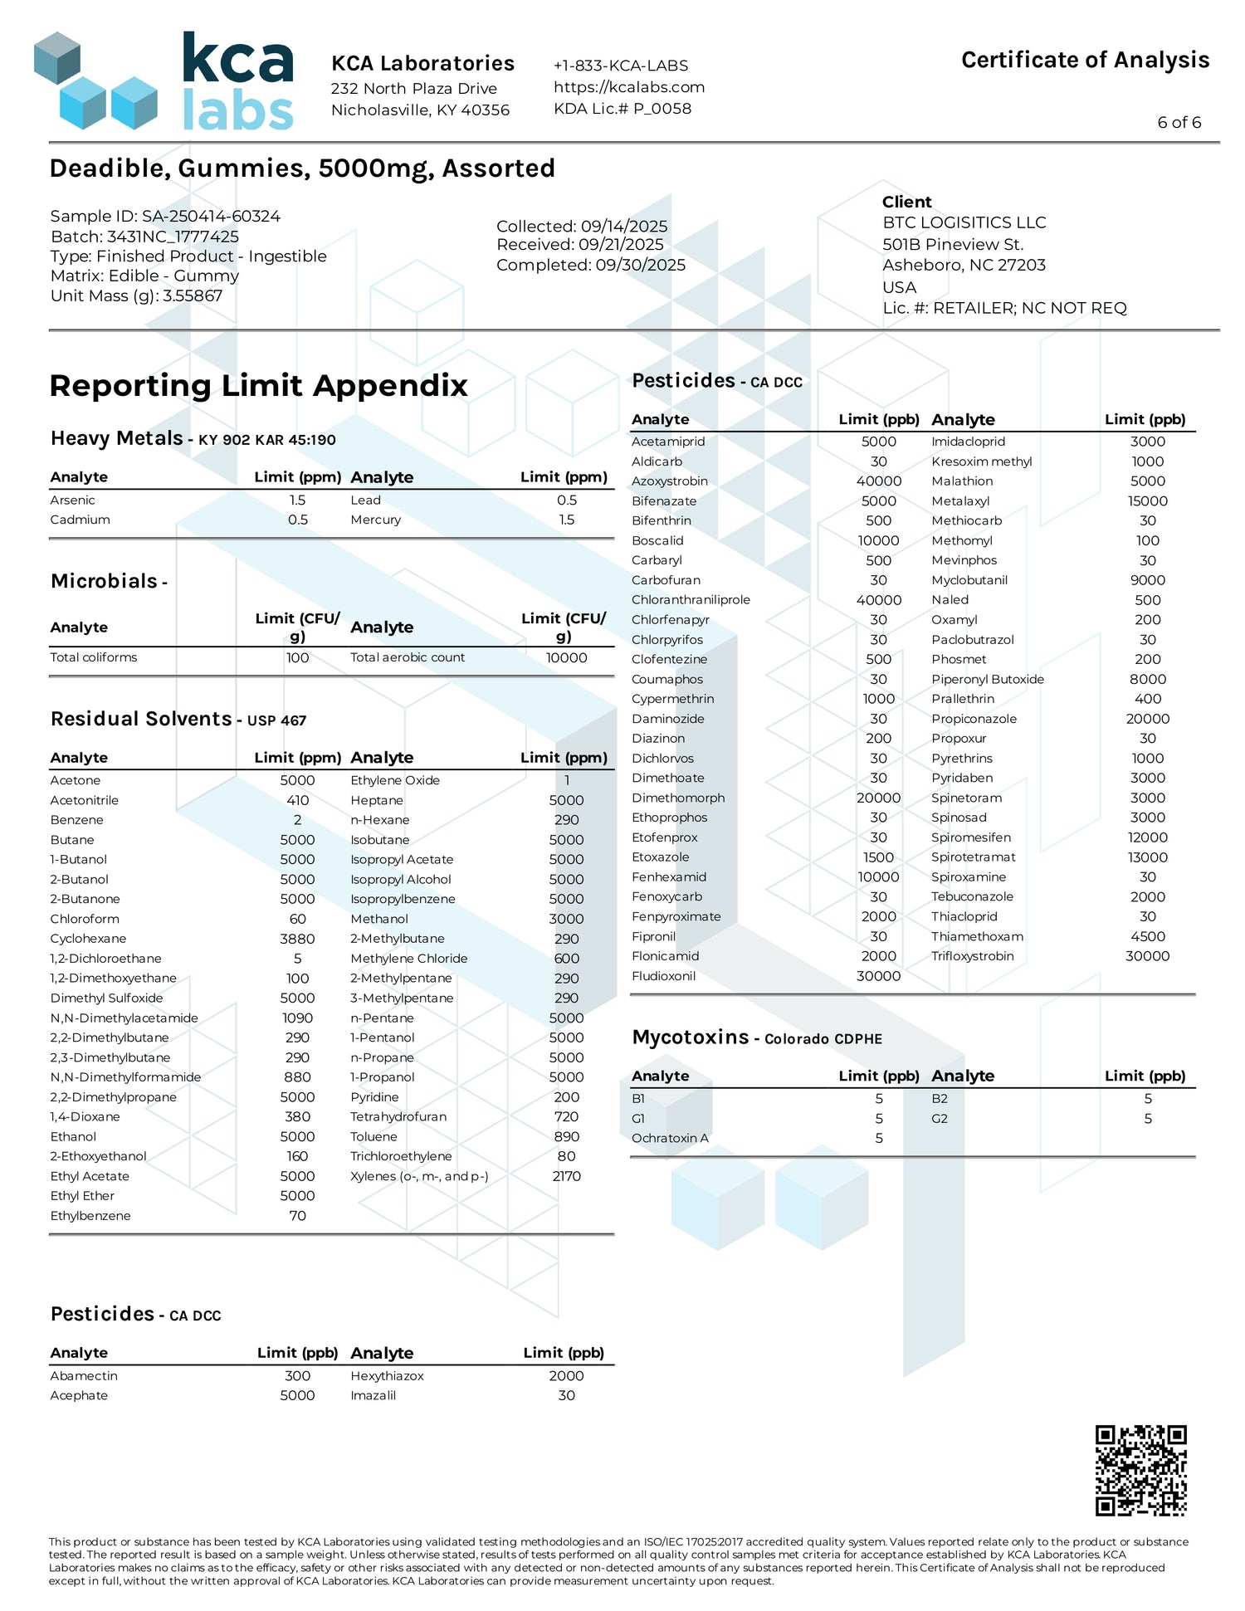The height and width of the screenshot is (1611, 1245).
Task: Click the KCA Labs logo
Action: (x=164, y=81)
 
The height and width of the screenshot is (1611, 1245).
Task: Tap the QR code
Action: (x=1140, y=1470)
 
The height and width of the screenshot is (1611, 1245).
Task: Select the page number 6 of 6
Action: (x=1179, y=122)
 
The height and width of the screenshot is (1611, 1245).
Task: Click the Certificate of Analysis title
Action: (x=1085, y=60)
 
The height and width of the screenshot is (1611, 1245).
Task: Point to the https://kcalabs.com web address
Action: (x=629, y=87)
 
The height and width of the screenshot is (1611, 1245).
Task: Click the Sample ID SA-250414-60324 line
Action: (x=165, y=216)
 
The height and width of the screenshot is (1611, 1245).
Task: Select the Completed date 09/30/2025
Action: (x=591, y=265)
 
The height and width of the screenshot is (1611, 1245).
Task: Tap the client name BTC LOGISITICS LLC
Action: (x=964, y=222)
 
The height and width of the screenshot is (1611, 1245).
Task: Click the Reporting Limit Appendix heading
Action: (x=258, y=385)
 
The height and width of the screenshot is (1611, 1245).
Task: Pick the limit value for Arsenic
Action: (x=297, y=500)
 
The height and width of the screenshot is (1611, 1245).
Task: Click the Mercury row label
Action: (x=375, y=520)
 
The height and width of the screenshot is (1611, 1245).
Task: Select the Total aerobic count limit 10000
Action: (x=566, y=657)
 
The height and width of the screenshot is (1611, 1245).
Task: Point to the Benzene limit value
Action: (x=297, y=820)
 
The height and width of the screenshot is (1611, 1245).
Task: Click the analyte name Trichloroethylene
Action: (x=401, y=1156)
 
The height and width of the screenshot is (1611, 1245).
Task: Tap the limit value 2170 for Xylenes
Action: (x=566, y=1176)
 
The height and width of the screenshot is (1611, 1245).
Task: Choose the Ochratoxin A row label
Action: (x=670, y=1138)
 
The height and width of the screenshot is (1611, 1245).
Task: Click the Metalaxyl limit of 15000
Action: (x=1147, y=501)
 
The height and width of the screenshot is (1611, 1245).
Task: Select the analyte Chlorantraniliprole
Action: (x=691, y=600)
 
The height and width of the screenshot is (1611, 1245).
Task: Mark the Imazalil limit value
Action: (x=566, y=1395)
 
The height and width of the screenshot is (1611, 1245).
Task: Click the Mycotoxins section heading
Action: (x=691, y=1037)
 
